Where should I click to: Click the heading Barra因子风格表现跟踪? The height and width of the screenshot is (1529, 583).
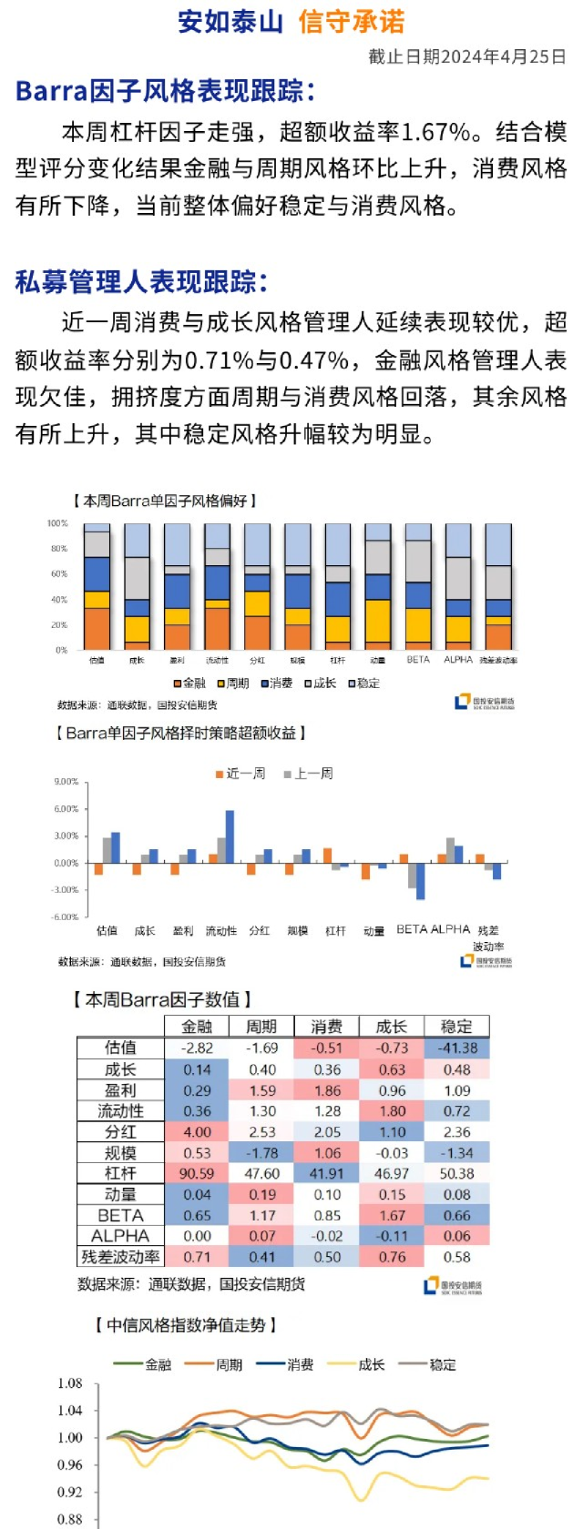pos(165,91)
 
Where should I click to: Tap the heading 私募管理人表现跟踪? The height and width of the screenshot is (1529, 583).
pos(141,282)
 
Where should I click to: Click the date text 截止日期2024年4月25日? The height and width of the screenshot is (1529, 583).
pos(466,56)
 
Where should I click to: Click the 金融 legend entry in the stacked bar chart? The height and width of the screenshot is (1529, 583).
pos(189,683)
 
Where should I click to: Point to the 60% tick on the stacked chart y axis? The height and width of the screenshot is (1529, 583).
pos(59,574)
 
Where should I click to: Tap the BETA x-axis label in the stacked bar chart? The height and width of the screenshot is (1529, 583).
pos(418,660)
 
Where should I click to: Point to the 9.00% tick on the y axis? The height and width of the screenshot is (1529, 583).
pos(66,782)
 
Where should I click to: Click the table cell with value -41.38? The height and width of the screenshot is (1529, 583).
pos(456,1048)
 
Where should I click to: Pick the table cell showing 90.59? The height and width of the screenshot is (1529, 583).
pos(197,1174)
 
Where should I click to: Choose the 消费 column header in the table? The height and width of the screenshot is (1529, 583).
pos(327,1027)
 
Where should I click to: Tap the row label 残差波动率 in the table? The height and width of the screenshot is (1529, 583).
pos(120,1257)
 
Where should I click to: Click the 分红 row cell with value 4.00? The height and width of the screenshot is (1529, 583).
pos(197,1132)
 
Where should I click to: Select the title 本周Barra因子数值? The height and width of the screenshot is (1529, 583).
pos(162,999)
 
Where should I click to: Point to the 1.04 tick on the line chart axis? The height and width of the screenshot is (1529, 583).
pos(70,1411)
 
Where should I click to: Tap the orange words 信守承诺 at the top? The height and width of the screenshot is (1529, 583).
pos(351,22)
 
